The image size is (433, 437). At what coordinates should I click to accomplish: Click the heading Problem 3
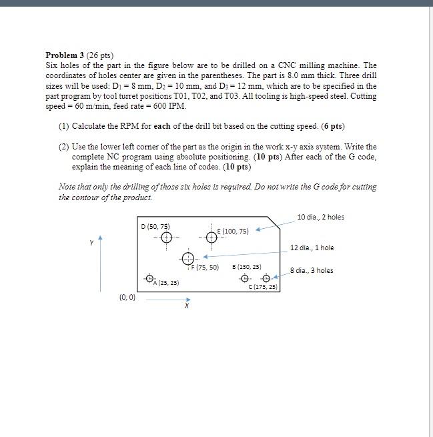click(67, 55)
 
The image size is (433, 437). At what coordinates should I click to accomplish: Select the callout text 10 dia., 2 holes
click(320, 217)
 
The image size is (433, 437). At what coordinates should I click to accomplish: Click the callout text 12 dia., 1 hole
click(312, 248)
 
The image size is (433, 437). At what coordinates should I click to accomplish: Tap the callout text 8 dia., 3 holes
click(312, 270)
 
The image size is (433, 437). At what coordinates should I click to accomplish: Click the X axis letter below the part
click(186, 307)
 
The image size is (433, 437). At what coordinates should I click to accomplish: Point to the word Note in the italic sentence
click(67, 187)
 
